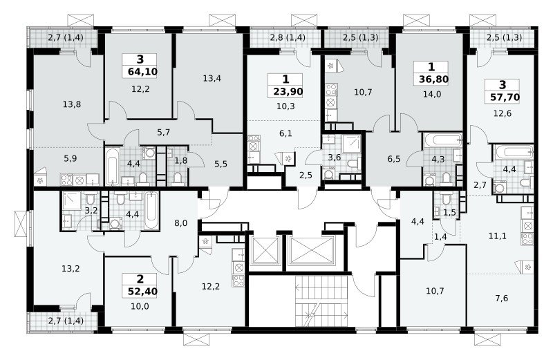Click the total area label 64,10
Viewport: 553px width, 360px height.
pyautogui.click(x=142, y=72)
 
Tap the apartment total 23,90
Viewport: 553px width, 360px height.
pyautogui.click(x=288, y=92)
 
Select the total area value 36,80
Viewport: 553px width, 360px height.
pyautogui.click(x=433, y=79)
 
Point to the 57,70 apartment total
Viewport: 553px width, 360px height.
pyautogui.click(x=505, y=97)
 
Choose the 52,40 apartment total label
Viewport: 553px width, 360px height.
pyautogui.click(x=142, y=291)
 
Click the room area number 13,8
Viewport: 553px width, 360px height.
pyautogui.click(x=72, y=104)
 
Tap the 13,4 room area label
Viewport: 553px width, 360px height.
pyautogui.click(x=212, y=78)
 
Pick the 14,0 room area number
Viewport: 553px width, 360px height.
pyautogui.click(x=432, y=94)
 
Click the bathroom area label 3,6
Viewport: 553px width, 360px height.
pyautogui.click(x=334, y=158)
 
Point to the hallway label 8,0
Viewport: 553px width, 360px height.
pyautogui.click(x=180, y=222)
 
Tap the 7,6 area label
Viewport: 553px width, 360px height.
pyautogui.click(x=502, y=299)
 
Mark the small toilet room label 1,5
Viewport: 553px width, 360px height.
pyautogui.click(x=449, y=212)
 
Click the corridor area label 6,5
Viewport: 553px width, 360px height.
pyautogui.click(x=394, y=159)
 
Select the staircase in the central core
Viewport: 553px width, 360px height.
pyautogui.click(x=322, y=301)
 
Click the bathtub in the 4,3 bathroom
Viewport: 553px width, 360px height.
pyautogui.click(x=442, y=140)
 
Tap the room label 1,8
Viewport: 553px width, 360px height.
pyautogui.click(x=181, y=160)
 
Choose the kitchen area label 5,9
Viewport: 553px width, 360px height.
pyautogui.click(x=71, y=159)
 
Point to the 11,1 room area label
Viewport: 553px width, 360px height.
pyautogui.click(x=497, y=236)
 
